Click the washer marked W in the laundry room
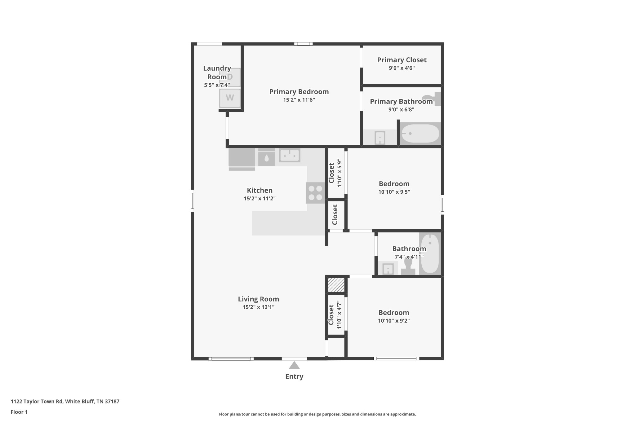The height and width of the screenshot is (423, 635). [230, 98]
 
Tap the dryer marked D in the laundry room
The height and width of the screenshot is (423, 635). [230, 77]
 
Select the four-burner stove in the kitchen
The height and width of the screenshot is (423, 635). [315, 193]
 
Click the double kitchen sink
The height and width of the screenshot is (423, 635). [290, 155]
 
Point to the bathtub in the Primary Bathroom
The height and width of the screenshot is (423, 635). [420, 134]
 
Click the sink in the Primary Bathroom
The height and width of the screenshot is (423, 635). [380, 138]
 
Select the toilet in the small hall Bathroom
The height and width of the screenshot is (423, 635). [408, 266]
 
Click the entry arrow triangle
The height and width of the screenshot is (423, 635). [294, 365]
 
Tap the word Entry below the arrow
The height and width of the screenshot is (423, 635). [294, 377]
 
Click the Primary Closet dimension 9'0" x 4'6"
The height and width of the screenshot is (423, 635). [402, 68]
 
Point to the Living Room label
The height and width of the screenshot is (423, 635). [259, 299]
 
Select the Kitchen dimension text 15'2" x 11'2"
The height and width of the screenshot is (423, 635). [260, 198]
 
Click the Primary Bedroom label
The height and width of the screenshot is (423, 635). [299, 92]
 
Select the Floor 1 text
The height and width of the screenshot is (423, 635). [19, 412]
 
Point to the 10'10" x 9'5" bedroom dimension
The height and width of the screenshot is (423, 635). [394, 192]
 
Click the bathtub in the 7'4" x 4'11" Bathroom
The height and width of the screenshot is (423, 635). [430, 253]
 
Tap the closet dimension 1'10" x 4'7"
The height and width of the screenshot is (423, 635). [339, 315]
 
